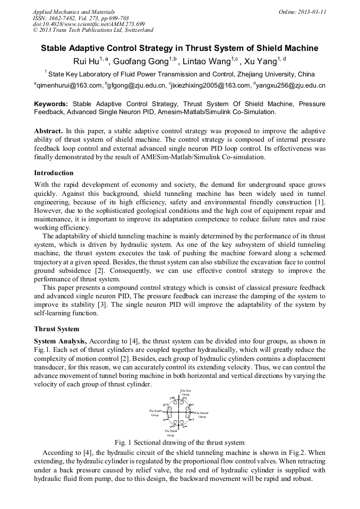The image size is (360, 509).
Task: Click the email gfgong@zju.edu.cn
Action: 136,85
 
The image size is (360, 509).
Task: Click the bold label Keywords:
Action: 51,104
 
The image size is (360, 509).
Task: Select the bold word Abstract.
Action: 48,131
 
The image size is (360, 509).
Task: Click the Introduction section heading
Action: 54,173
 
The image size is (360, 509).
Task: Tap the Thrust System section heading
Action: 56,329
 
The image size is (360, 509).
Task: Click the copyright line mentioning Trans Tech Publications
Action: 93,31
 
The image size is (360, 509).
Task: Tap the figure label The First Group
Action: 186,392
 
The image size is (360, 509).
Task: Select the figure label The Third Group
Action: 170,433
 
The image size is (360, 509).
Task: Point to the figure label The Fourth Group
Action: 155,412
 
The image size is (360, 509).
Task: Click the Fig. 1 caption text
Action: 179,442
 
